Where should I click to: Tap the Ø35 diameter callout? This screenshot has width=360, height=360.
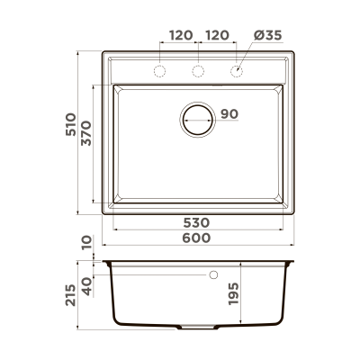point(266,36)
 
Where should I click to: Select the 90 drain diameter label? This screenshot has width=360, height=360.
point(229,114)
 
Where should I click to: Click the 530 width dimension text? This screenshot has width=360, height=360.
point(197,222)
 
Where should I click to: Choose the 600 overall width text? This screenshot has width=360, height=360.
point(197,238)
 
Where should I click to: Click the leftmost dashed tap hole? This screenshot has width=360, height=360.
point(161,71)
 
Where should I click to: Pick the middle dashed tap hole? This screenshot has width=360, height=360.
point(199,71)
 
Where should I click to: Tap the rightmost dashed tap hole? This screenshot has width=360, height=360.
point(238,71)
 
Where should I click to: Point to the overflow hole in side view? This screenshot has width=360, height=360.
point(214,273)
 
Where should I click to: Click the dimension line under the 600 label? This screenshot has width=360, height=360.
point(197,245)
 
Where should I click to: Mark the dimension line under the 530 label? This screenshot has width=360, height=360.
point(197,229)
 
